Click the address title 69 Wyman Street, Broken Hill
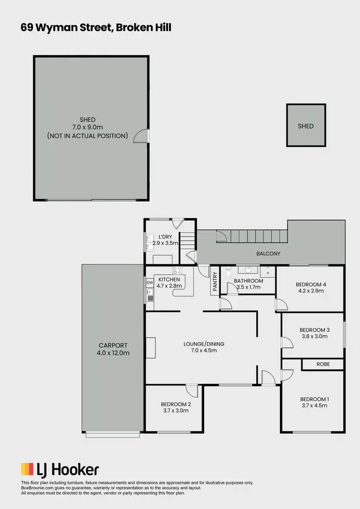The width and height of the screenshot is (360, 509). [x=96, y=28]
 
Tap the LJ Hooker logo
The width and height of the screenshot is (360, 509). [x=60, y=469]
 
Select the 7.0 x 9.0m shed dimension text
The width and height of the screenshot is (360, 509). [x=88, y=128]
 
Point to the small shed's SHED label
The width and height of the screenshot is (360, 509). [x=306, y=126]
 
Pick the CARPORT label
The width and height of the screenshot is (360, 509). [x=113, y=345]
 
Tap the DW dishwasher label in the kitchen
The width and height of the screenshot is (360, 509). [x=149, y=283]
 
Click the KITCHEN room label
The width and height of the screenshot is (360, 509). [x=169, y=279]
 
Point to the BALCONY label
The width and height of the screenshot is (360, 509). [x=268, y=254]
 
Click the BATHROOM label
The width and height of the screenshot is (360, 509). [x=249, y=281]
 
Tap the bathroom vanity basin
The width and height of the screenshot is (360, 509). [x=249, y=270]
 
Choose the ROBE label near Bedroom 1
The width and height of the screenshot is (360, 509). [x=323, y=365]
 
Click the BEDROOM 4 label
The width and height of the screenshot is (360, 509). [x=312, y=284]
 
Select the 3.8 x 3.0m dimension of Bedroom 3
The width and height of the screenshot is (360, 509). [x=314, y=336]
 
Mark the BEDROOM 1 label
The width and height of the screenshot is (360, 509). [x=314, y=399]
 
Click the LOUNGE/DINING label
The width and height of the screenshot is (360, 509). [x=204, y=344]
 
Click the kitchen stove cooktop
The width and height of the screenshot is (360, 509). [x=177, y=270]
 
